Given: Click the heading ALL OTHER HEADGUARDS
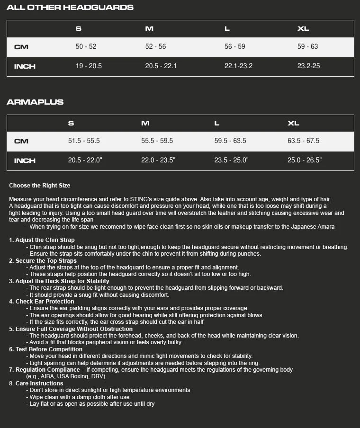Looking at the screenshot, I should (70, 8).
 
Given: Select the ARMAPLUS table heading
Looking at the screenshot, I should (35, 102).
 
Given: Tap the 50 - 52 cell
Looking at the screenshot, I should (86, 46).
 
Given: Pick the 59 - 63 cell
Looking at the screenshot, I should (307, 46).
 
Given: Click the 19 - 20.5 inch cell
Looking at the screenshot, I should (89, 66).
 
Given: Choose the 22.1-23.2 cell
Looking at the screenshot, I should (238, 66).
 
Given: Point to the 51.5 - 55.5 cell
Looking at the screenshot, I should (84, 141).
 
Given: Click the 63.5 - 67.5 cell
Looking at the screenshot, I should (303, 141).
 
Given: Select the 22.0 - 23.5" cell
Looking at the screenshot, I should (158, 160).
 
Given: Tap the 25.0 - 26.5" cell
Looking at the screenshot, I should (305, 160).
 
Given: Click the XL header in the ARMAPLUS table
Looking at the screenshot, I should (293, 123).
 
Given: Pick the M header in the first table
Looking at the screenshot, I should (149, 28).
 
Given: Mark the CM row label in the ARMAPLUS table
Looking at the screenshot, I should (21, 141).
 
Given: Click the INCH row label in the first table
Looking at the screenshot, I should (25, 66).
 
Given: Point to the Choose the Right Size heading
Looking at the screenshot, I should (40, 186).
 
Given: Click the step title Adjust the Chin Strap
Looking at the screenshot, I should (45, 240).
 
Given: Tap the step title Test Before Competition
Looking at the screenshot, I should (49, 349).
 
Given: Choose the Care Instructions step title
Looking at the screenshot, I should (39, 383).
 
